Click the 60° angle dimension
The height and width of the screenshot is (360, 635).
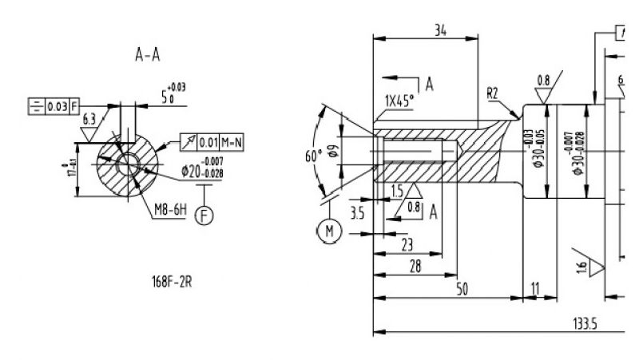tap(313, 155)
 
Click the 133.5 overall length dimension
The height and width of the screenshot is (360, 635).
tap(586, 322)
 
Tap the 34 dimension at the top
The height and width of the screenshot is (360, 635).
tap(439, 30)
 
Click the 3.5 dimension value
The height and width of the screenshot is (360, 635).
tap(357, 213)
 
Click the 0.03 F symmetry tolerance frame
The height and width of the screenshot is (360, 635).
tap(54, 105)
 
